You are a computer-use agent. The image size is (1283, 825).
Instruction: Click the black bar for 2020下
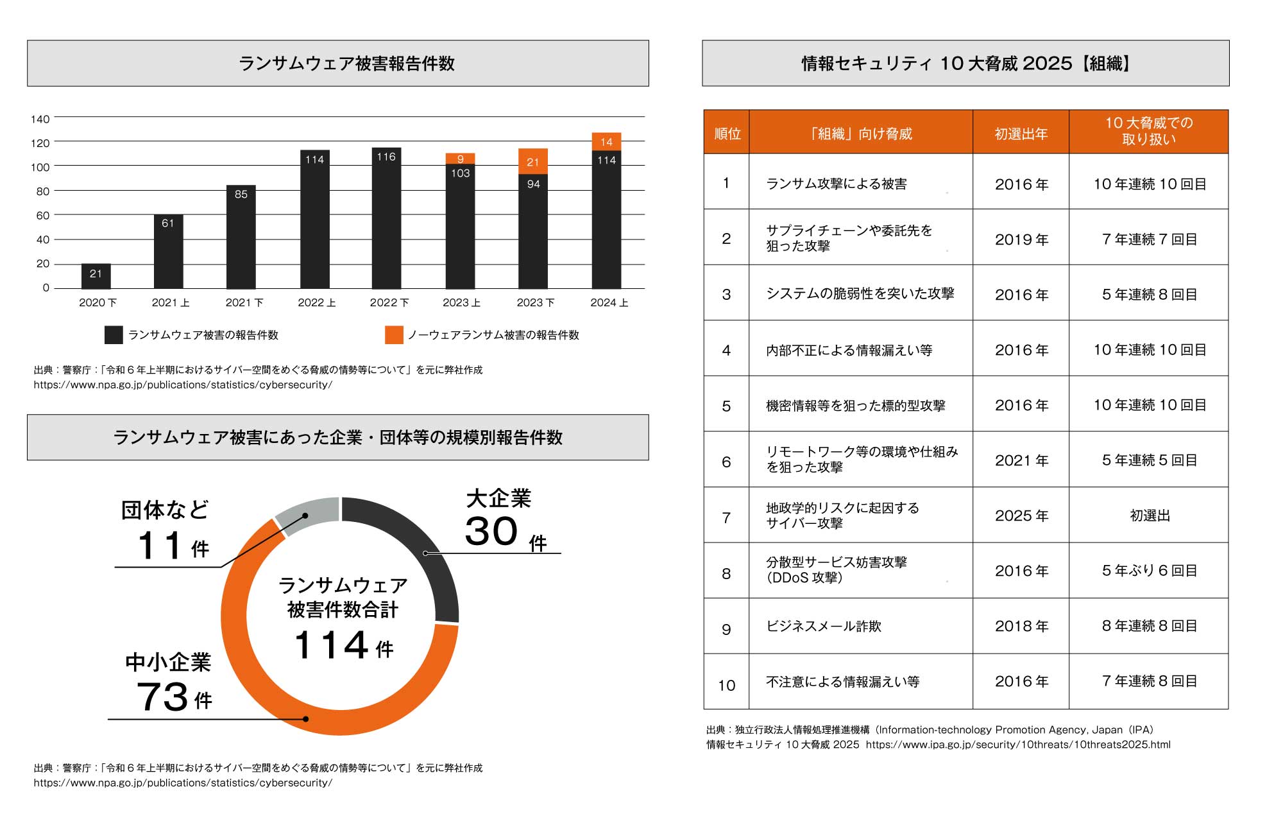pos(96,276)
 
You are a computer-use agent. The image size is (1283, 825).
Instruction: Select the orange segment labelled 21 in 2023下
pos(533,162)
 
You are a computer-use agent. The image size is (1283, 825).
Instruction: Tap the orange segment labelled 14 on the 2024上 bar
pos(606,142)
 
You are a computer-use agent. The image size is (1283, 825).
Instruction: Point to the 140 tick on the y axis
pos(40,119)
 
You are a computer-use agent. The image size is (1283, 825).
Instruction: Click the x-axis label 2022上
pos(316,302)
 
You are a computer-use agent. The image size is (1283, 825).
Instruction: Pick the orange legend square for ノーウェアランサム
pos(394,334)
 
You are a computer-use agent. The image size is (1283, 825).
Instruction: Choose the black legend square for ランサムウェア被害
pos(114,334)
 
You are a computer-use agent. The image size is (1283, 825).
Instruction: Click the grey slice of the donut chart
pos(307,515)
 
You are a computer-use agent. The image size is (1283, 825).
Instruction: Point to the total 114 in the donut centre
pos(331,645)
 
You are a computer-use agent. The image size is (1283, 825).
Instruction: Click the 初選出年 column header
pos(1021,134)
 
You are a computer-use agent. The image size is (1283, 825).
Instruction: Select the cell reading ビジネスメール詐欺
pos(824,627)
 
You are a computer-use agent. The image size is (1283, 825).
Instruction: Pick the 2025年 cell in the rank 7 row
pos(1021,516)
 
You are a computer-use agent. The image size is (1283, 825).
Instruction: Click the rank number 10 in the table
pos(726,686)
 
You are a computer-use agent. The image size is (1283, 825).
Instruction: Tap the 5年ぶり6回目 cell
pos(1149,571)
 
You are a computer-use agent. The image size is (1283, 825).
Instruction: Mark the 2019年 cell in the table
pos(1021,239)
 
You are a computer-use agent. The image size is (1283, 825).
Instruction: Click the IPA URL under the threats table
pos(1018,745)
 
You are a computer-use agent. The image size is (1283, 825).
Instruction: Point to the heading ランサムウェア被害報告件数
pos(346,64)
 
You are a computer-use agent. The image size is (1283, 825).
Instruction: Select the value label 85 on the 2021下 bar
pos(241,195)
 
